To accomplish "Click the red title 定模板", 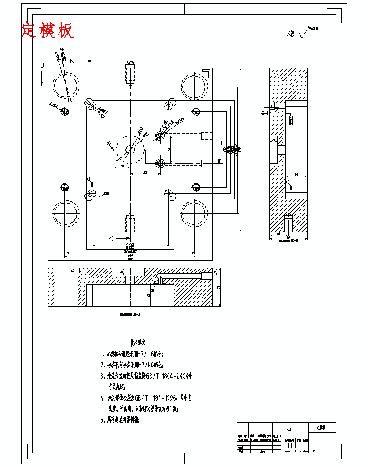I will point(47,31).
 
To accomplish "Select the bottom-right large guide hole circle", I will point(195,214).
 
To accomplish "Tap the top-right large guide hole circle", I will point(195,85).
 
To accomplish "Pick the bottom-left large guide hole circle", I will point(66,214).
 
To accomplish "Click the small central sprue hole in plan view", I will point(130,150).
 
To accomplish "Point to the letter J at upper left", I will point(42,66).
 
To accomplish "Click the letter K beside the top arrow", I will point(71,60).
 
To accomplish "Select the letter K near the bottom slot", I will point(110,239).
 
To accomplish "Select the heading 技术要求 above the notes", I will point(138,342).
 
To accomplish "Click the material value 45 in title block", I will point(289,428).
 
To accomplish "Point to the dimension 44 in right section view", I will point(296,175).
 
